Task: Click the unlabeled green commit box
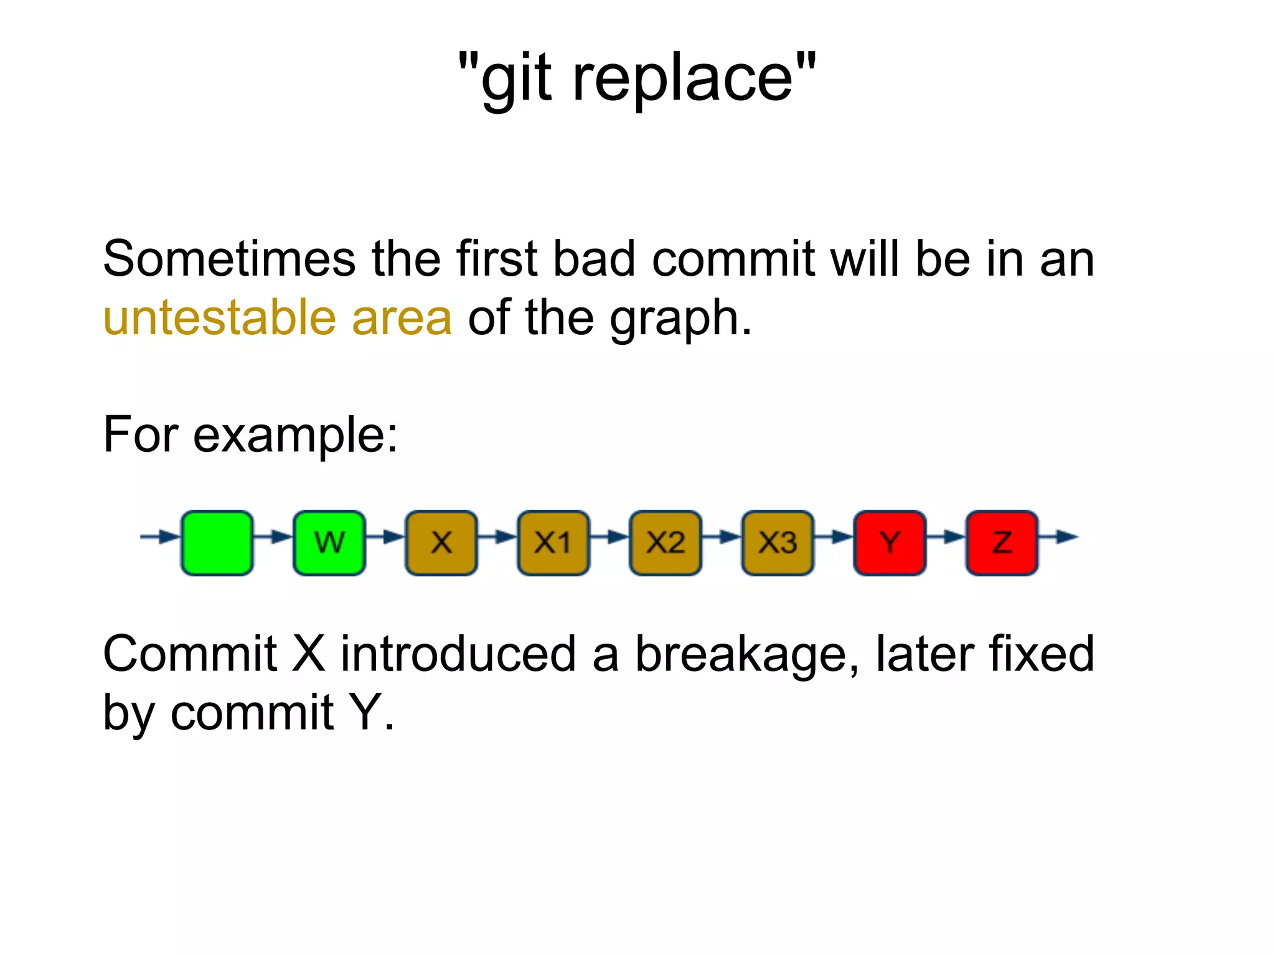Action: tap(217, 543)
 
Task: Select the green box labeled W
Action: tap(329, 543)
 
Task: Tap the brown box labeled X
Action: tap(441, 543)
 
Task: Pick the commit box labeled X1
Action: tap(553, 543)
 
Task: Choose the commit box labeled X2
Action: tap(665, 543)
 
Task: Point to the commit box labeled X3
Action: tap(777, 543)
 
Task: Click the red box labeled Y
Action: tap(889, 543)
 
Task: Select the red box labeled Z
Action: tap(1001, 543)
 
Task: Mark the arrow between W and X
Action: tap(386, 537)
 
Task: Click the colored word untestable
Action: tap(219, 317)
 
